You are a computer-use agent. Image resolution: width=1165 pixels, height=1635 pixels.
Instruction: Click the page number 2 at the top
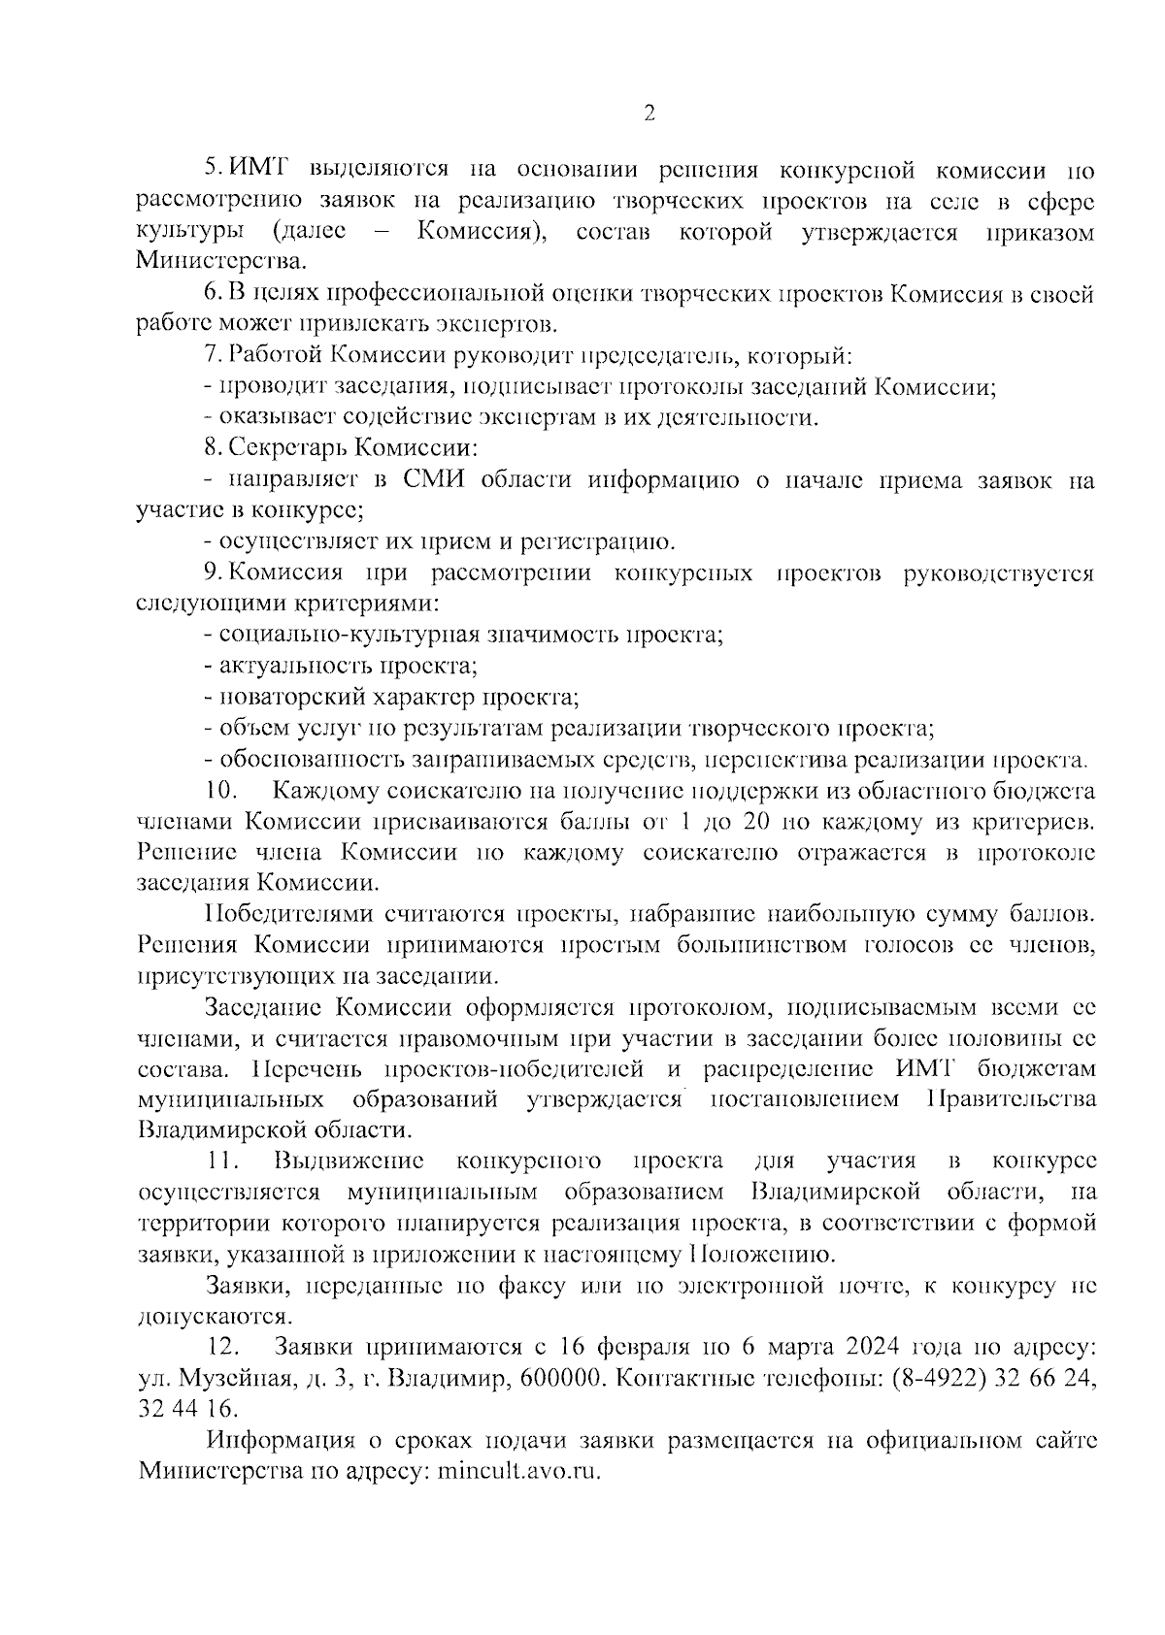click(649, 114)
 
